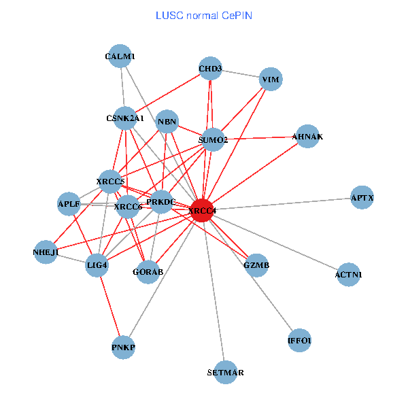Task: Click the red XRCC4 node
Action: (203, 211)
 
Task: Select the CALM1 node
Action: (120, 57)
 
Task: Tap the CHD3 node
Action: (210, 69)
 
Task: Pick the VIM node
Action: (270, 80)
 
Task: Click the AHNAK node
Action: (307, 137)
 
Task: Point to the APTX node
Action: (362, 198)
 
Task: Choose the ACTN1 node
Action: (349, 275)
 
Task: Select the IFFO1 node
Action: (300, 340)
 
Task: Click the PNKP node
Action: (124, 348)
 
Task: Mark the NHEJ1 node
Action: (46, 252)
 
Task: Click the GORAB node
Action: (148, 272)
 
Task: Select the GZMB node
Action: (256, 265)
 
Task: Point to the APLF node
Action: (69, 203)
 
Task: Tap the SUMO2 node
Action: (214, 140)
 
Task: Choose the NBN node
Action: (167, 123)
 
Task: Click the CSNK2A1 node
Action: (125, 118)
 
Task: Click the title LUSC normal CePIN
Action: (204, 14)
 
